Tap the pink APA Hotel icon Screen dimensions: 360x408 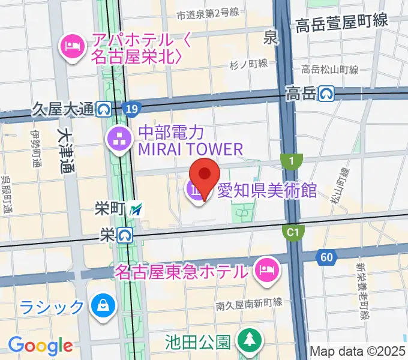point(72,46)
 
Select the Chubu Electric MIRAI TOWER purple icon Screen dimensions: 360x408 point(120,140)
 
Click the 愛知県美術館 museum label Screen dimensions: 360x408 point(267,191)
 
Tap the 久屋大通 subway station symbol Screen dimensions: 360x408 point(104,109)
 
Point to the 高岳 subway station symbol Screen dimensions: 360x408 point(326,94)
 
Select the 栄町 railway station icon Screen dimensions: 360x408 point(137,209)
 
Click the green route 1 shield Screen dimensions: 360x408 point(291,161)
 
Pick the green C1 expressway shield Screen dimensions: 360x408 point(293,232)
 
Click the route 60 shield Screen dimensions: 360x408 point(326,257)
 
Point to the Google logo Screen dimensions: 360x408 point(41,345)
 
